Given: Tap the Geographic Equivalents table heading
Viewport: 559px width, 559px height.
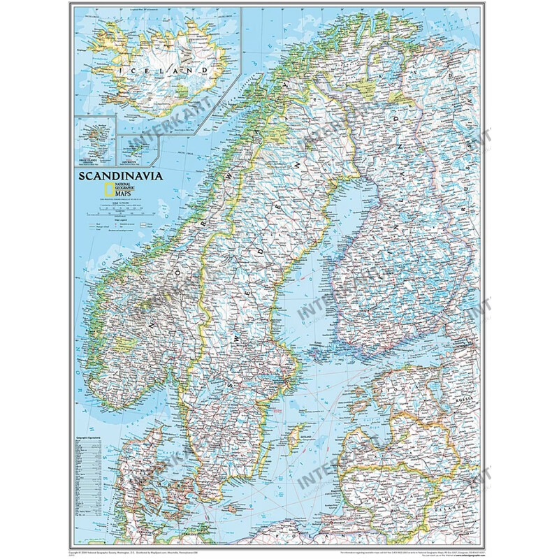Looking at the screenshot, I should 94,418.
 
